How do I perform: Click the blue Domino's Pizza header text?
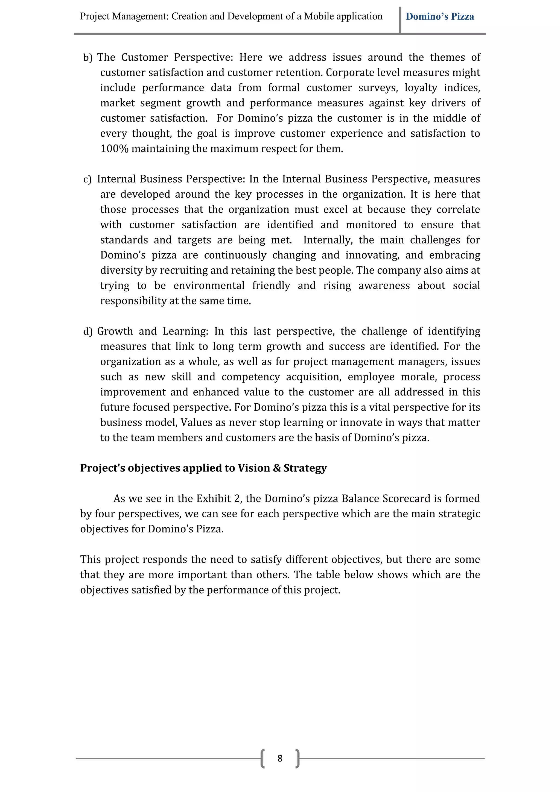click(x=440, y=17)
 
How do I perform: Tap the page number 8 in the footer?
click(x=280, y=758)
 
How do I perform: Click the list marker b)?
click(x=88, y=58)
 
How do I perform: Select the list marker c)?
click(x=87, y=179)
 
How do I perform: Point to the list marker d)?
click(x=88, y=332)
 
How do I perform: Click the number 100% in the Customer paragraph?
click(x=114, y=149)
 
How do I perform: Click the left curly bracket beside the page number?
click(x=263, y=758)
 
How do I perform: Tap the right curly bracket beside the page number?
click(x=297, y=758)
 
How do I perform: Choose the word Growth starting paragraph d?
click(x=115, y=332)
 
